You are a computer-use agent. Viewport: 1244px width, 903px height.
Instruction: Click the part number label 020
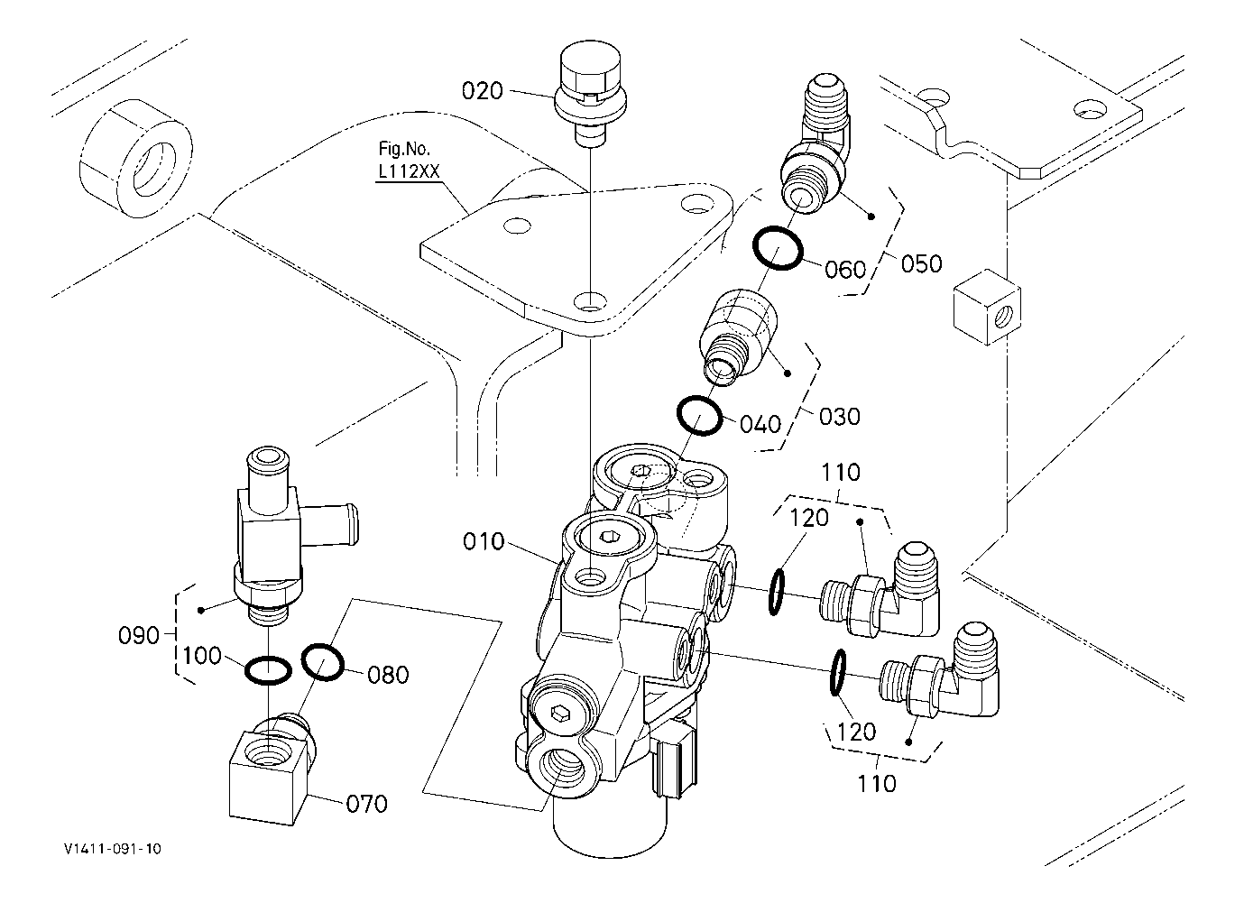pyautogui.click(x=482, y=91)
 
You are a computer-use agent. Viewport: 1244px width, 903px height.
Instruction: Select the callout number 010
pyautogui.click(x=484, y=541)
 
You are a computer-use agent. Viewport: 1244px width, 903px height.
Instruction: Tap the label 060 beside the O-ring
pyautogui.click(x=845, y=270)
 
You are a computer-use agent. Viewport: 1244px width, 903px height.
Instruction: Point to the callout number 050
pyautogui.click(x=921, y=263)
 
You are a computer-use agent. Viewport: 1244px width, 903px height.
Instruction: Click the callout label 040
pyautogui.click(x=760, y=425)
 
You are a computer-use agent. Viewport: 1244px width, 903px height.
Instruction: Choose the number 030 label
pyautogui.click(x=839, y=417)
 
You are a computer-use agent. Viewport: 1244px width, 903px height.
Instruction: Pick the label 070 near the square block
pyautogui.click(x=366, y=804)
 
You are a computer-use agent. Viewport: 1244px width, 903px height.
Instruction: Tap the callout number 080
pyautogui.click(x=388, y=675)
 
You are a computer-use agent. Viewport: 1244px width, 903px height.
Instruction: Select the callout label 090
pyautogui.click(x=139, y=635)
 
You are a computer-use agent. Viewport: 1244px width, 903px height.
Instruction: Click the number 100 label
pyautogui.click(x=201, y=656)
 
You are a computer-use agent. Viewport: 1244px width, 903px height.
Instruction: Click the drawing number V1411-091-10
pyautogui.click(x=113, y=849)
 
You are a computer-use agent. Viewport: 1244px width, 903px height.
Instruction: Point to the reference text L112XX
pyautogui.click(x=409, y=171)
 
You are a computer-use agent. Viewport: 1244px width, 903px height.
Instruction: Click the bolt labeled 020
pyautogui.click(x=590, y=93)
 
